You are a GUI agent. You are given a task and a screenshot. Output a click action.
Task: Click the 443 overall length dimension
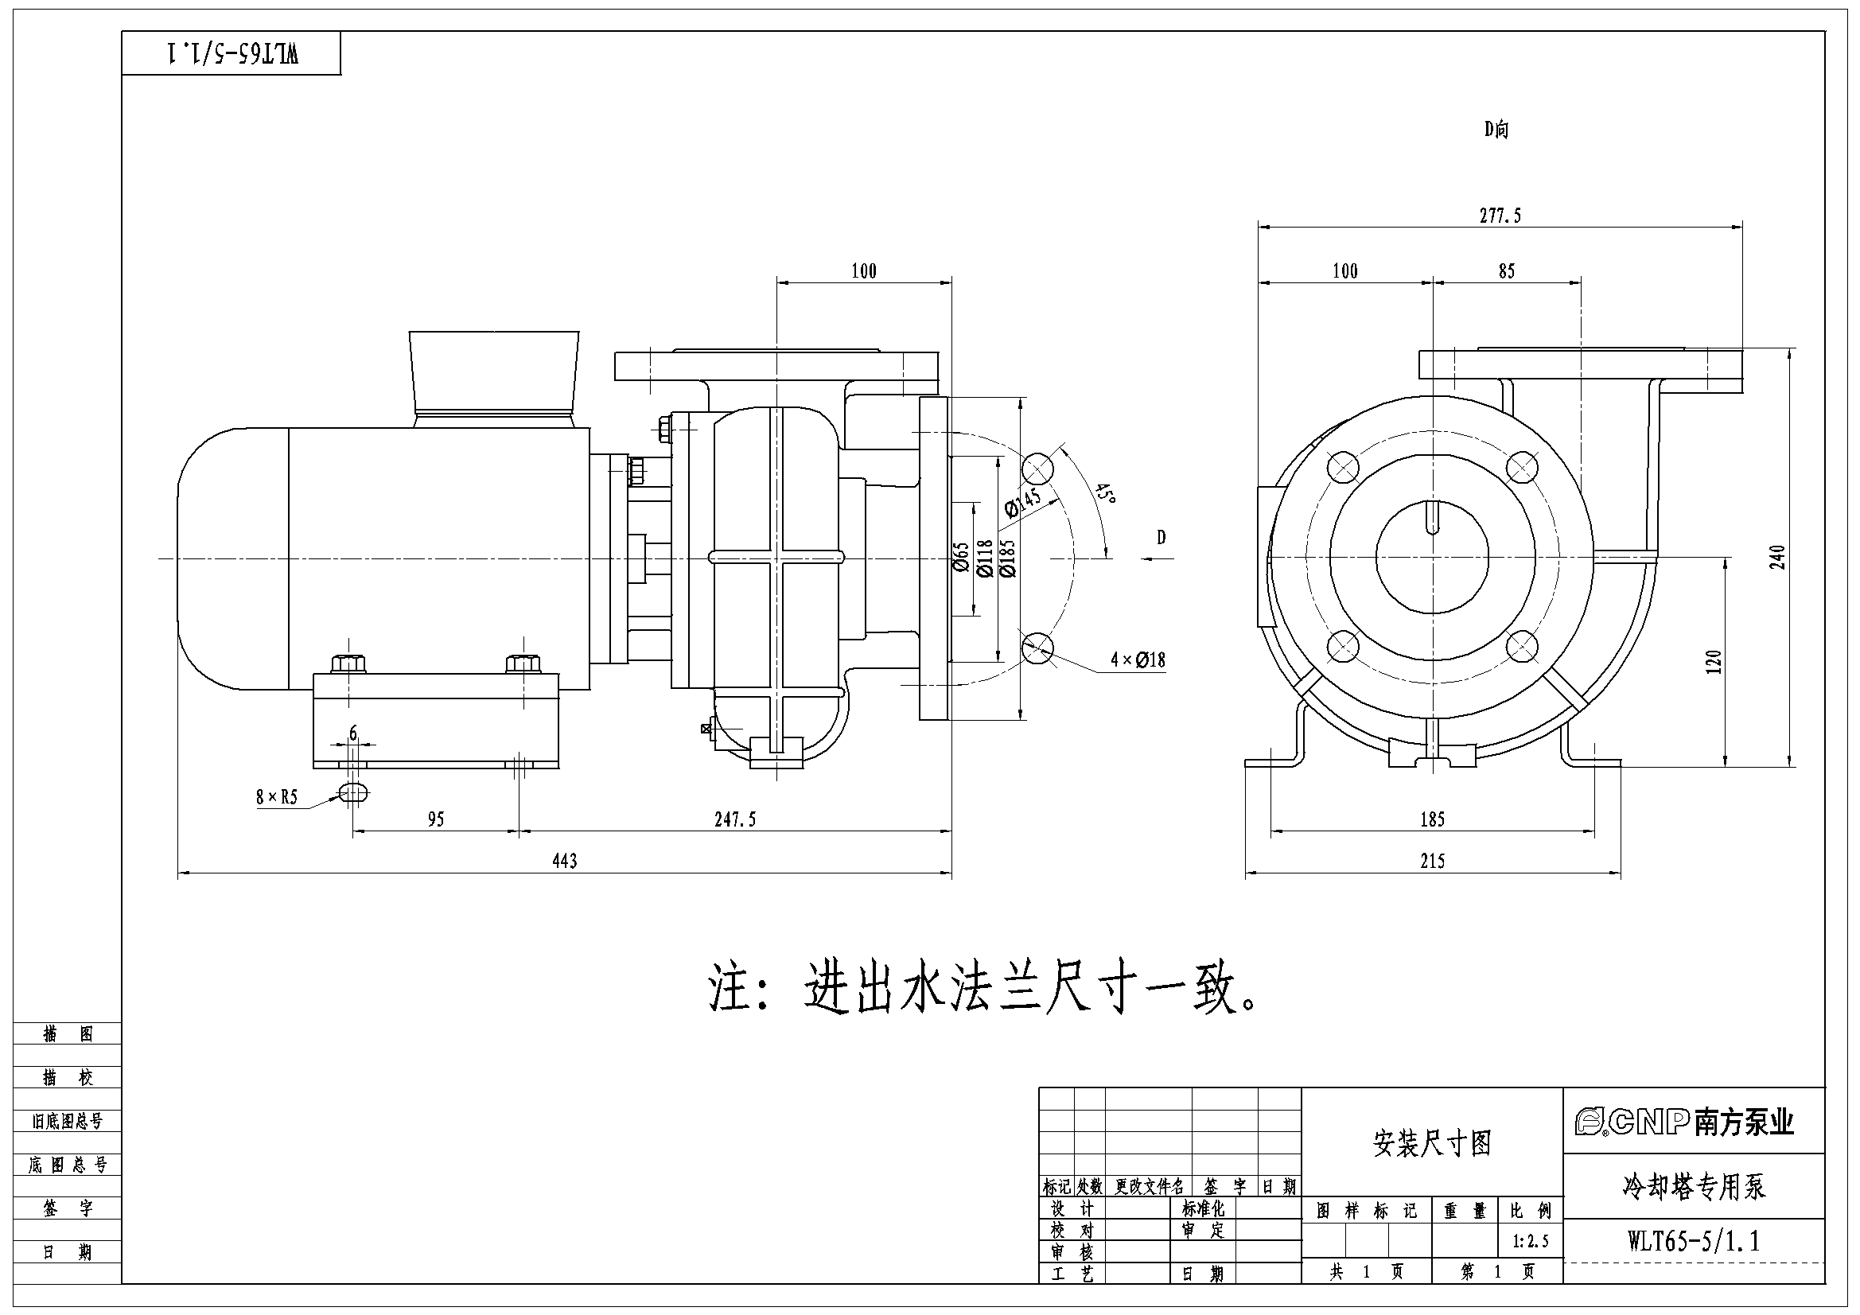click(565, 861)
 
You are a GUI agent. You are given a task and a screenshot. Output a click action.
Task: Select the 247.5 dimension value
click(735, 819)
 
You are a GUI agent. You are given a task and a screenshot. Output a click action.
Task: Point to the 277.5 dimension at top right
click(1500, 216)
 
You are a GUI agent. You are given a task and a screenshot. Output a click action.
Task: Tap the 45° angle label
click(1105, 493)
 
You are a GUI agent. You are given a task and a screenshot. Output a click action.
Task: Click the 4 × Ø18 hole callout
click(1138, 659)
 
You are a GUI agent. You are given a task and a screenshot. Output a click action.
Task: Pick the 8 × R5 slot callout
click(277, 797)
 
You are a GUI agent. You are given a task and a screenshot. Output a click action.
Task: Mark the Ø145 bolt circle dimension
click(1022, 500)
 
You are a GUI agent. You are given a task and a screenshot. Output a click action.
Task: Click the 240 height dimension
click(1776, 558)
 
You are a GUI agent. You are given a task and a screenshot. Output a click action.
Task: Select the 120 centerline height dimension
click(1714, 663)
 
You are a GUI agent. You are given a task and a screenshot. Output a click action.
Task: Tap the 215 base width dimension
click(1432, 861)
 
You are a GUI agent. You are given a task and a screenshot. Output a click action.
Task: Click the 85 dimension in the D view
click(1506, 270)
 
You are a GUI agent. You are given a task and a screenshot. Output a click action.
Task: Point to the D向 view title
click(1496, 129)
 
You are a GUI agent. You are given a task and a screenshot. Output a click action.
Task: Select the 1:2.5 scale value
click(1531, 1241)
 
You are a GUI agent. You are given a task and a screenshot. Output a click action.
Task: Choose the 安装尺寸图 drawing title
click(1432, 1143)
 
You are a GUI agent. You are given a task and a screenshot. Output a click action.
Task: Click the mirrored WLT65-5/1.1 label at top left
click(232, 53)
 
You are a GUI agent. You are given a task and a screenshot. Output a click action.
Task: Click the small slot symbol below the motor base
click(354, 792)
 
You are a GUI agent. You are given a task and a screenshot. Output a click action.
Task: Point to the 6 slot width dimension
click(353, 734)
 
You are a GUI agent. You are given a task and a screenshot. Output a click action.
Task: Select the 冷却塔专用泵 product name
click(1693, 1186)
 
